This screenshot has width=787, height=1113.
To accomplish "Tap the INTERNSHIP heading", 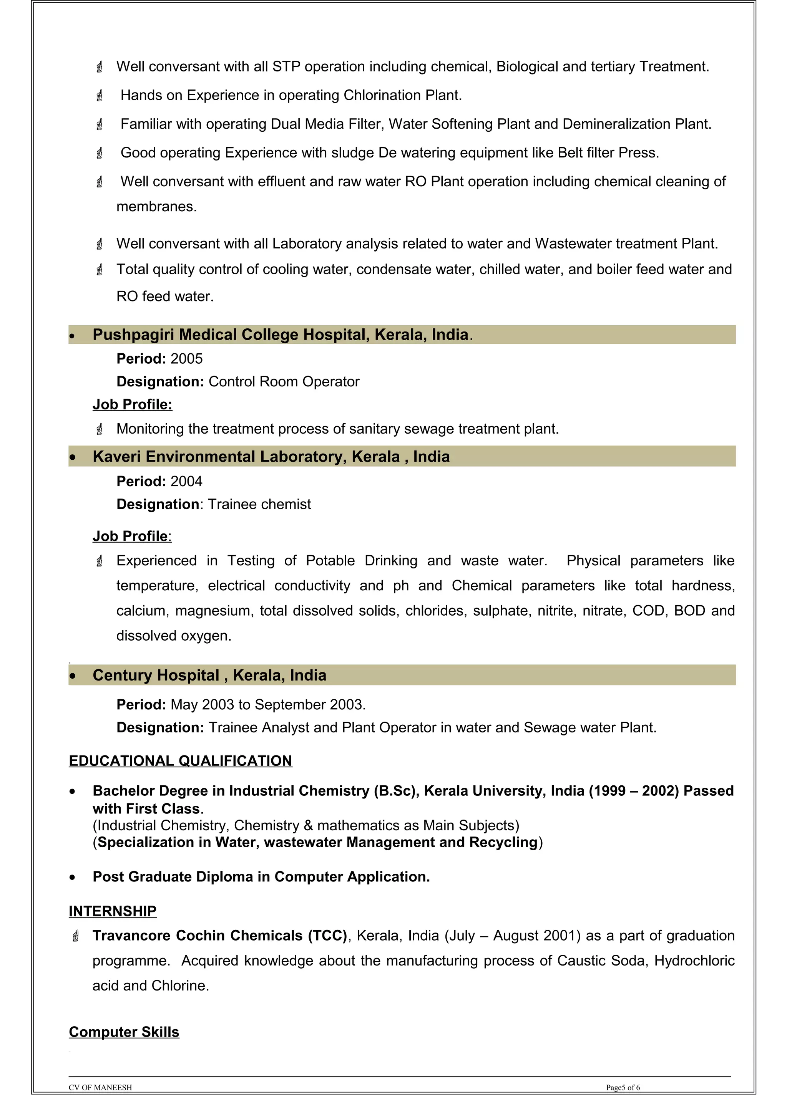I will tap(113, 911).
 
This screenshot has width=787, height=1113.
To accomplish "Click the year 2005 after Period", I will tap(186, 359).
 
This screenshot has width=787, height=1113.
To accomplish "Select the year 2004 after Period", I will tap(186, 481).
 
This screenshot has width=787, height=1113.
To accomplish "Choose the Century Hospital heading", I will tap(209, 675).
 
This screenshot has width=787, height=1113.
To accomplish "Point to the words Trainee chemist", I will tap(259, 504).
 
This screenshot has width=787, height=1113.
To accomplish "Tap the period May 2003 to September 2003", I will tap(268, 704).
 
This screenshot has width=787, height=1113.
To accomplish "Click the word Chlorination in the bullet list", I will tap(382, 95).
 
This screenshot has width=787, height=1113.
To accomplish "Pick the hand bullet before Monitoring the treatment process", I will tap(100, 429).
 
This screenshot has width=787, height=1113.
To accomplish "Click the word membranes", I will tap(156, 207).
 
